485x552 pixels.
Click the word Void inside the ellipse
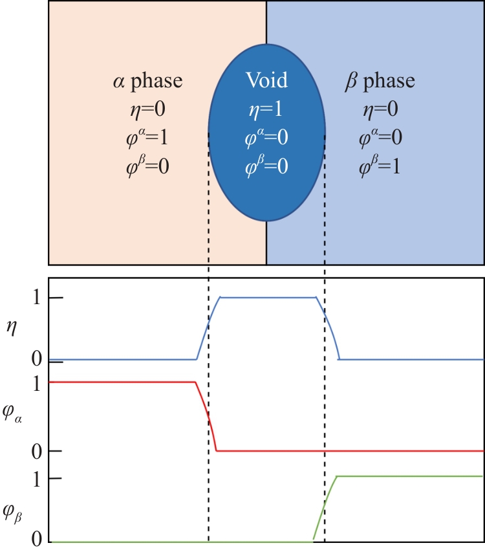(x=266, y=81)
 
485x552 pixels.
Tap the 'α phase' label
(x=147, y=81)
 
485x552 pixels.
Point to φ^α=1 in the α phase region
(x=147, y=138)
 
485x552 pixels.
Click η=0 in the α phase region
(x=147, y=109)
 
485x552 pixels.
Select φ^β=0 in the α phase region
(x=147, y=166)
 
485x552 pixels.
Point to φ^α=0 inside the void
(x=266, y=138)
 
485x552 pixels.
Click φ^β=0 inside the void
(x=266, y=166)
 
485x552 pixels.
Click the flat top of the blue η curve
(x=268, y=297)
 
